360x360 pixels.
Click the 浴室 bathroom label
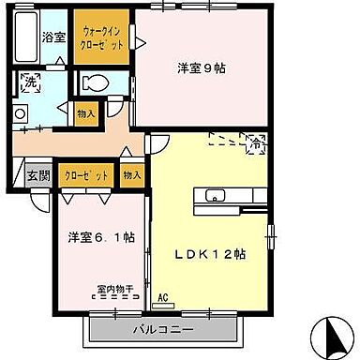point(53,37)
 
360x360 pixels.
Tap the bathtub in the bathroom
point(25,37)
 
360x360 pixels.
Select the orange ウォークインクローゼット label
point(100,37)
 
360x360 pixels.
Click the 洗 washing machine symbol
point(30,82)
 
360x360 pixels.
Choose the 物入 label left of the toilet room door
point(85,113)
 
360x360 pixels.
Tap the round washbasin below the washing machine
point(19,113)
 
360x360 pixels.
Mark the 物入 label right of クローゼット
point(131,174)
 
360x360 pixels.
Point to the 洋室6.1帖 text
point(100,237)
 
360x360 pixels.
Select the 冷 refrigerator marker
point(253,142)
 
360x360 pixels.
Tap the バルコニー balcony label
point(166,331)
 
